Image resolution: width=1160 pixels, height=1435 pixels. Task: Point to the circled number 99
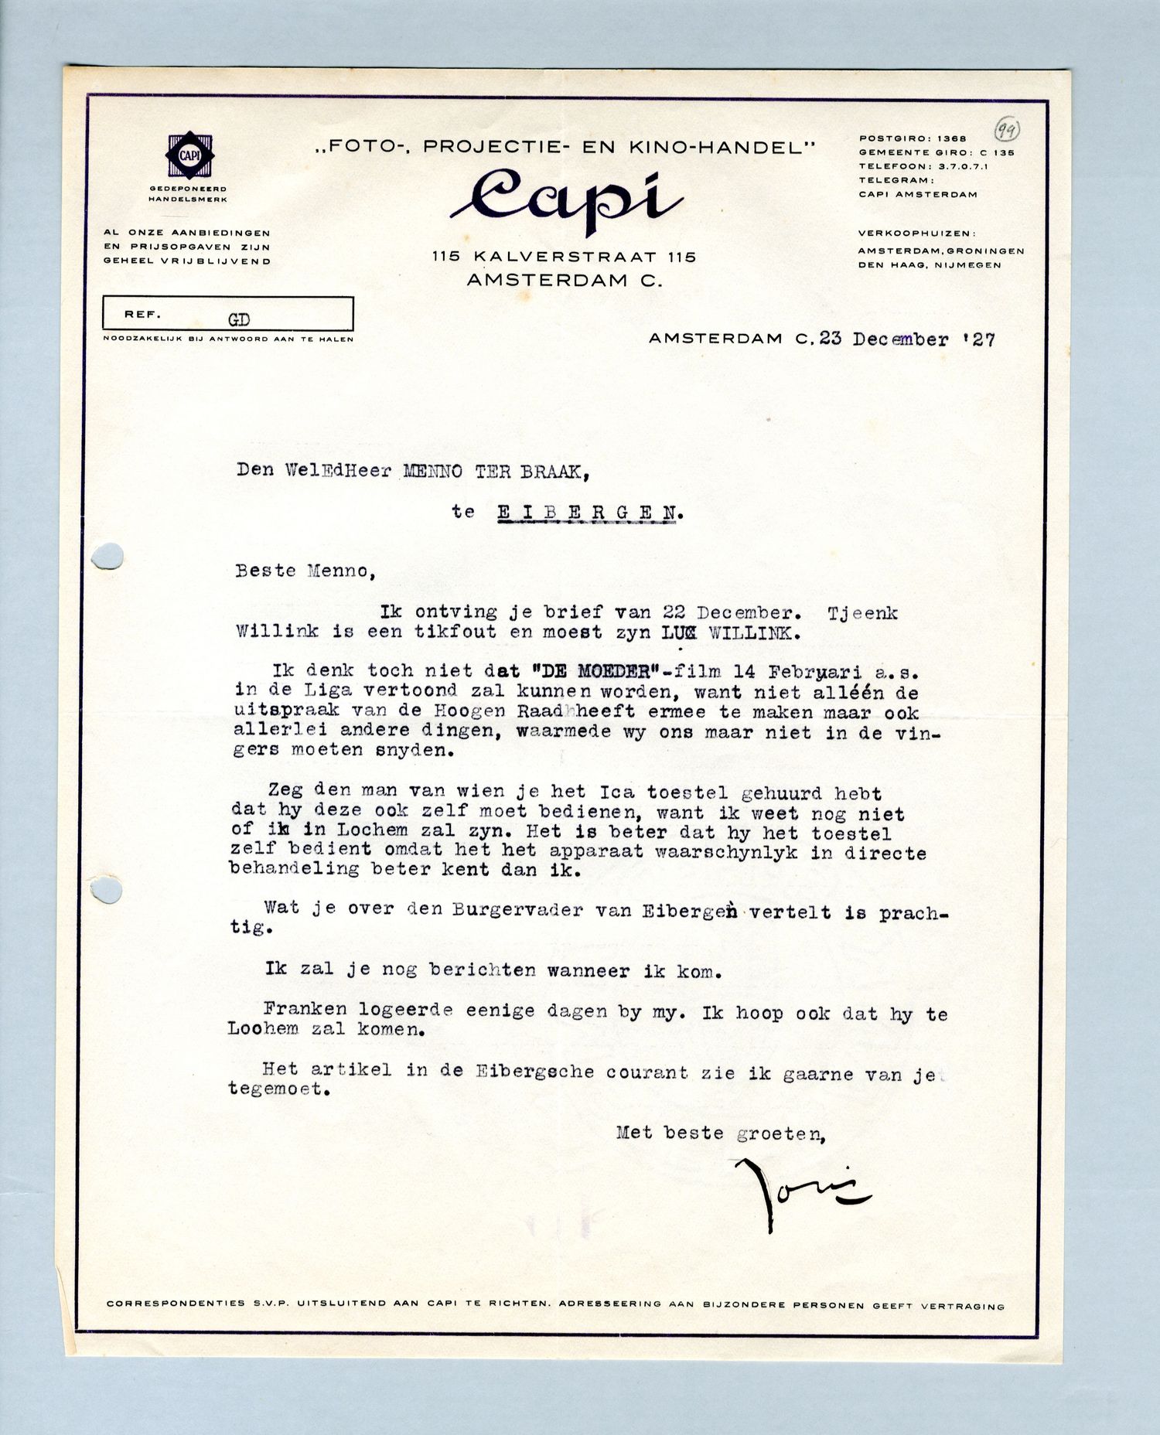1006,130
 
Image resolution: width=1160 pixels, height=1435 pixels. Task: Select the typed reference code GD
238,319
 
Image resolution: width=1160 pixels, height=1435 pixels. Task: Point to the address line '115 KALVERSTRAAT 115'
565,257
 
